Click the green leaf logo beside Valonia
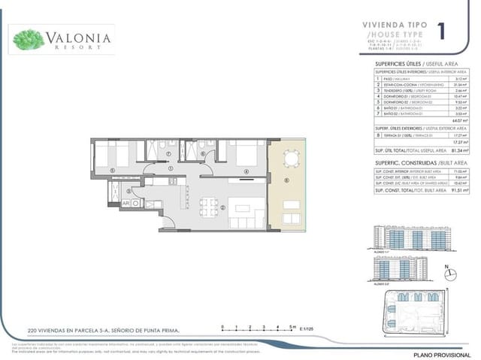coord(29,38)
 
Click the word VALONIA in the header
coord(79,37)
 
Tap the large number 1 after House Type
coord(440,31)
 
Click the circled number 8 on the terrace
coord(286,180)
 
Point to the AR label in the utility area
coord(126,203)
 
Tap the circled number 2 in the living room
coord(223,208)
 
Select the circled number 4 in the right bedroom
coord(245,171)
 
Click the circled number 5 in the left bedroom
coord(112,170)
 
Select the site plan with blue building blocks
coord(413,309)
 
